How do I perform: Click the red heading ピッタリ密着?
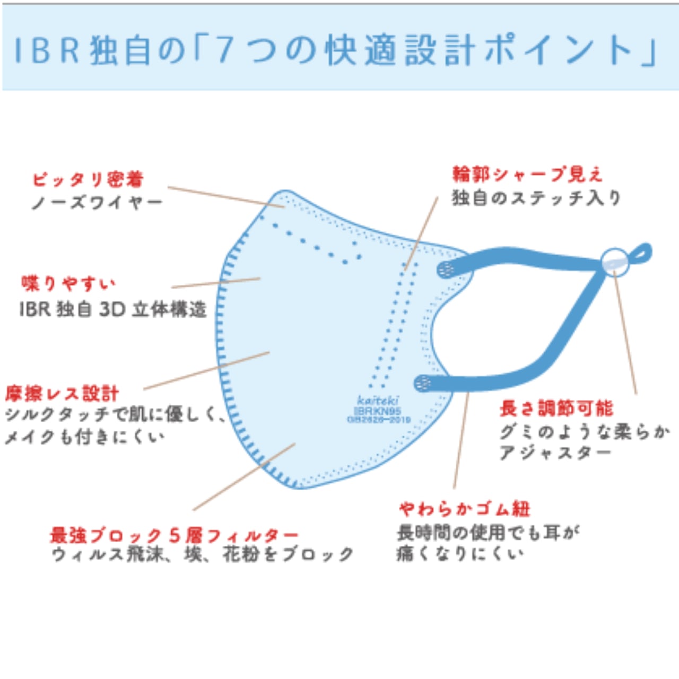[x=88, y=179]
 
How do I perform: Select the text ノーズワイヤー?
[x=97, y=203]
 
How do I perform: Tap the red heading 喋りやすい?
[x=68, y=284]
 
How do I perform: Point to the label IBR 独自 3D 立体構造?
[x=112, y=309]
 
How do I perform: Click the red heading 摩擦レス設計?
[x=62, y=394]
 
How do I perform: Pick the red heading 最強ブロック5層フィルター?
[x=174, y=535]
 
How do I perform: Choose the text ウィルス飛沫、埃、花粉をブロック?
[x=203, y=555]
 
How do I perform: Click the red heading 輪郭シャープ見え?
[x=527, y=174]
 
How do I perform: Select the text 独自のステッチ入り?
[x=536, y=198]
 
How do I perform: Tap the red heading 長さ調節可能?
[x=556, y=408]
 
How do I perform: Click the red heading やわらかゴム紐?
[x=465, y=509]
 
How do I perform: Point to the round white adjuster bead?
[x=615, y=262]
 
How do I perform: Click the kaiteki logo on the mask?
[x=378, y=401]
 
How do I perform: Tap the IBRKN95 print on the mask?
[x=378, y=411]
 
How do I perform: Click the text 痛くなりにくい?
[x=459, y=554]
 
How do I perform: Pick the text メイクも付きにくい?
[x=85, y=437]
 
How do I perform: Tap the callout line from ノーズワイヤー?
[x=225, y=196]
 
